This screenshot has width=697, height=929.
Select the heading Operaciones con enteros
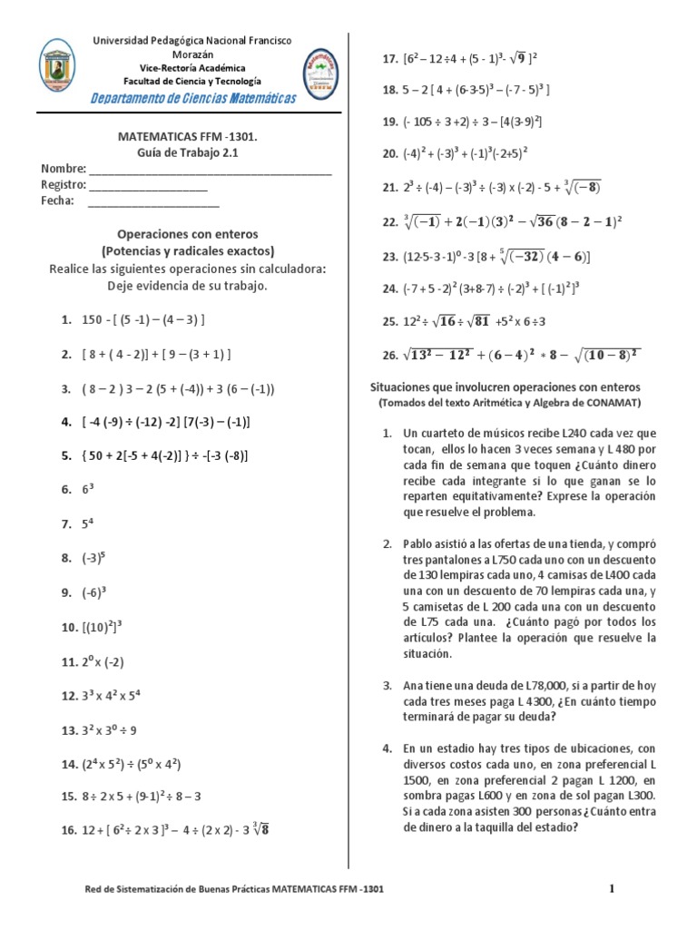[x=187, y=233]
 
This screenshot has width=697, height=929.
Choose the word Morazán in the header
[x=188, y=54]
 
